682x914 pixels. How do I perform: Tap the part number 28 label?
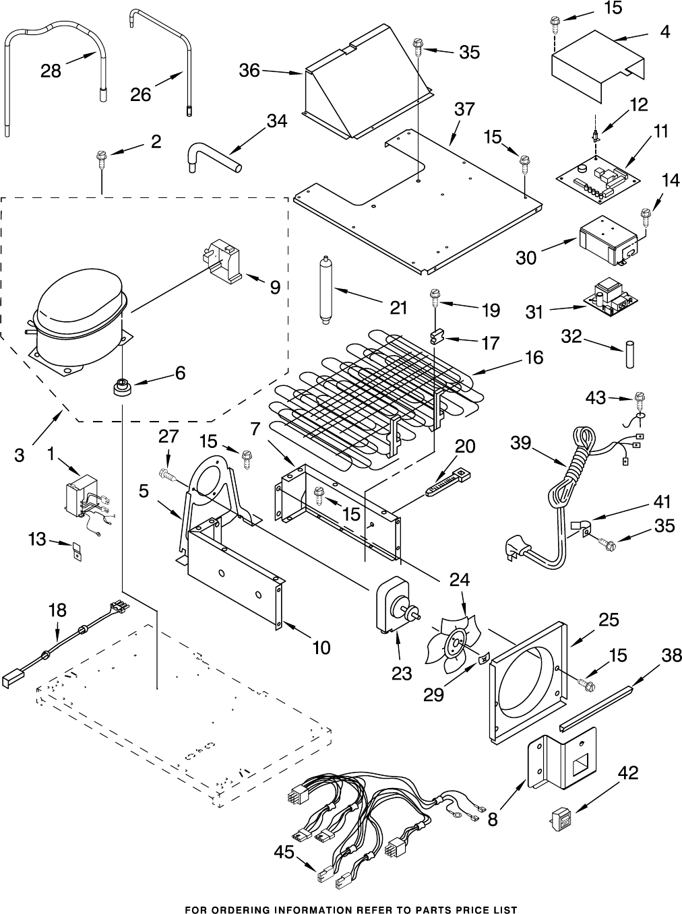coord(51,70)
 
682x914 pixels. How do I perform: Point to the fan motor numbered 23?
coord(394,604)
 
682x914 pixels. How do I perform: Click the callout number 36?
coord(249,70)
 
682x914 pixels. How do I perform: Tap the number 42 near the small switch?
coord(628,773)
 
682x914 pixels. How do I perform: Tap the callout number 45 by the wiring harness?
coord(284,853)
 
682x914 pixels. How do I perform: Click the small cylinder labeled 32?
coord(629,354)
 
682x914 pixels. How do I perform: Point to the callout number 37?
coord(464,109)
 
